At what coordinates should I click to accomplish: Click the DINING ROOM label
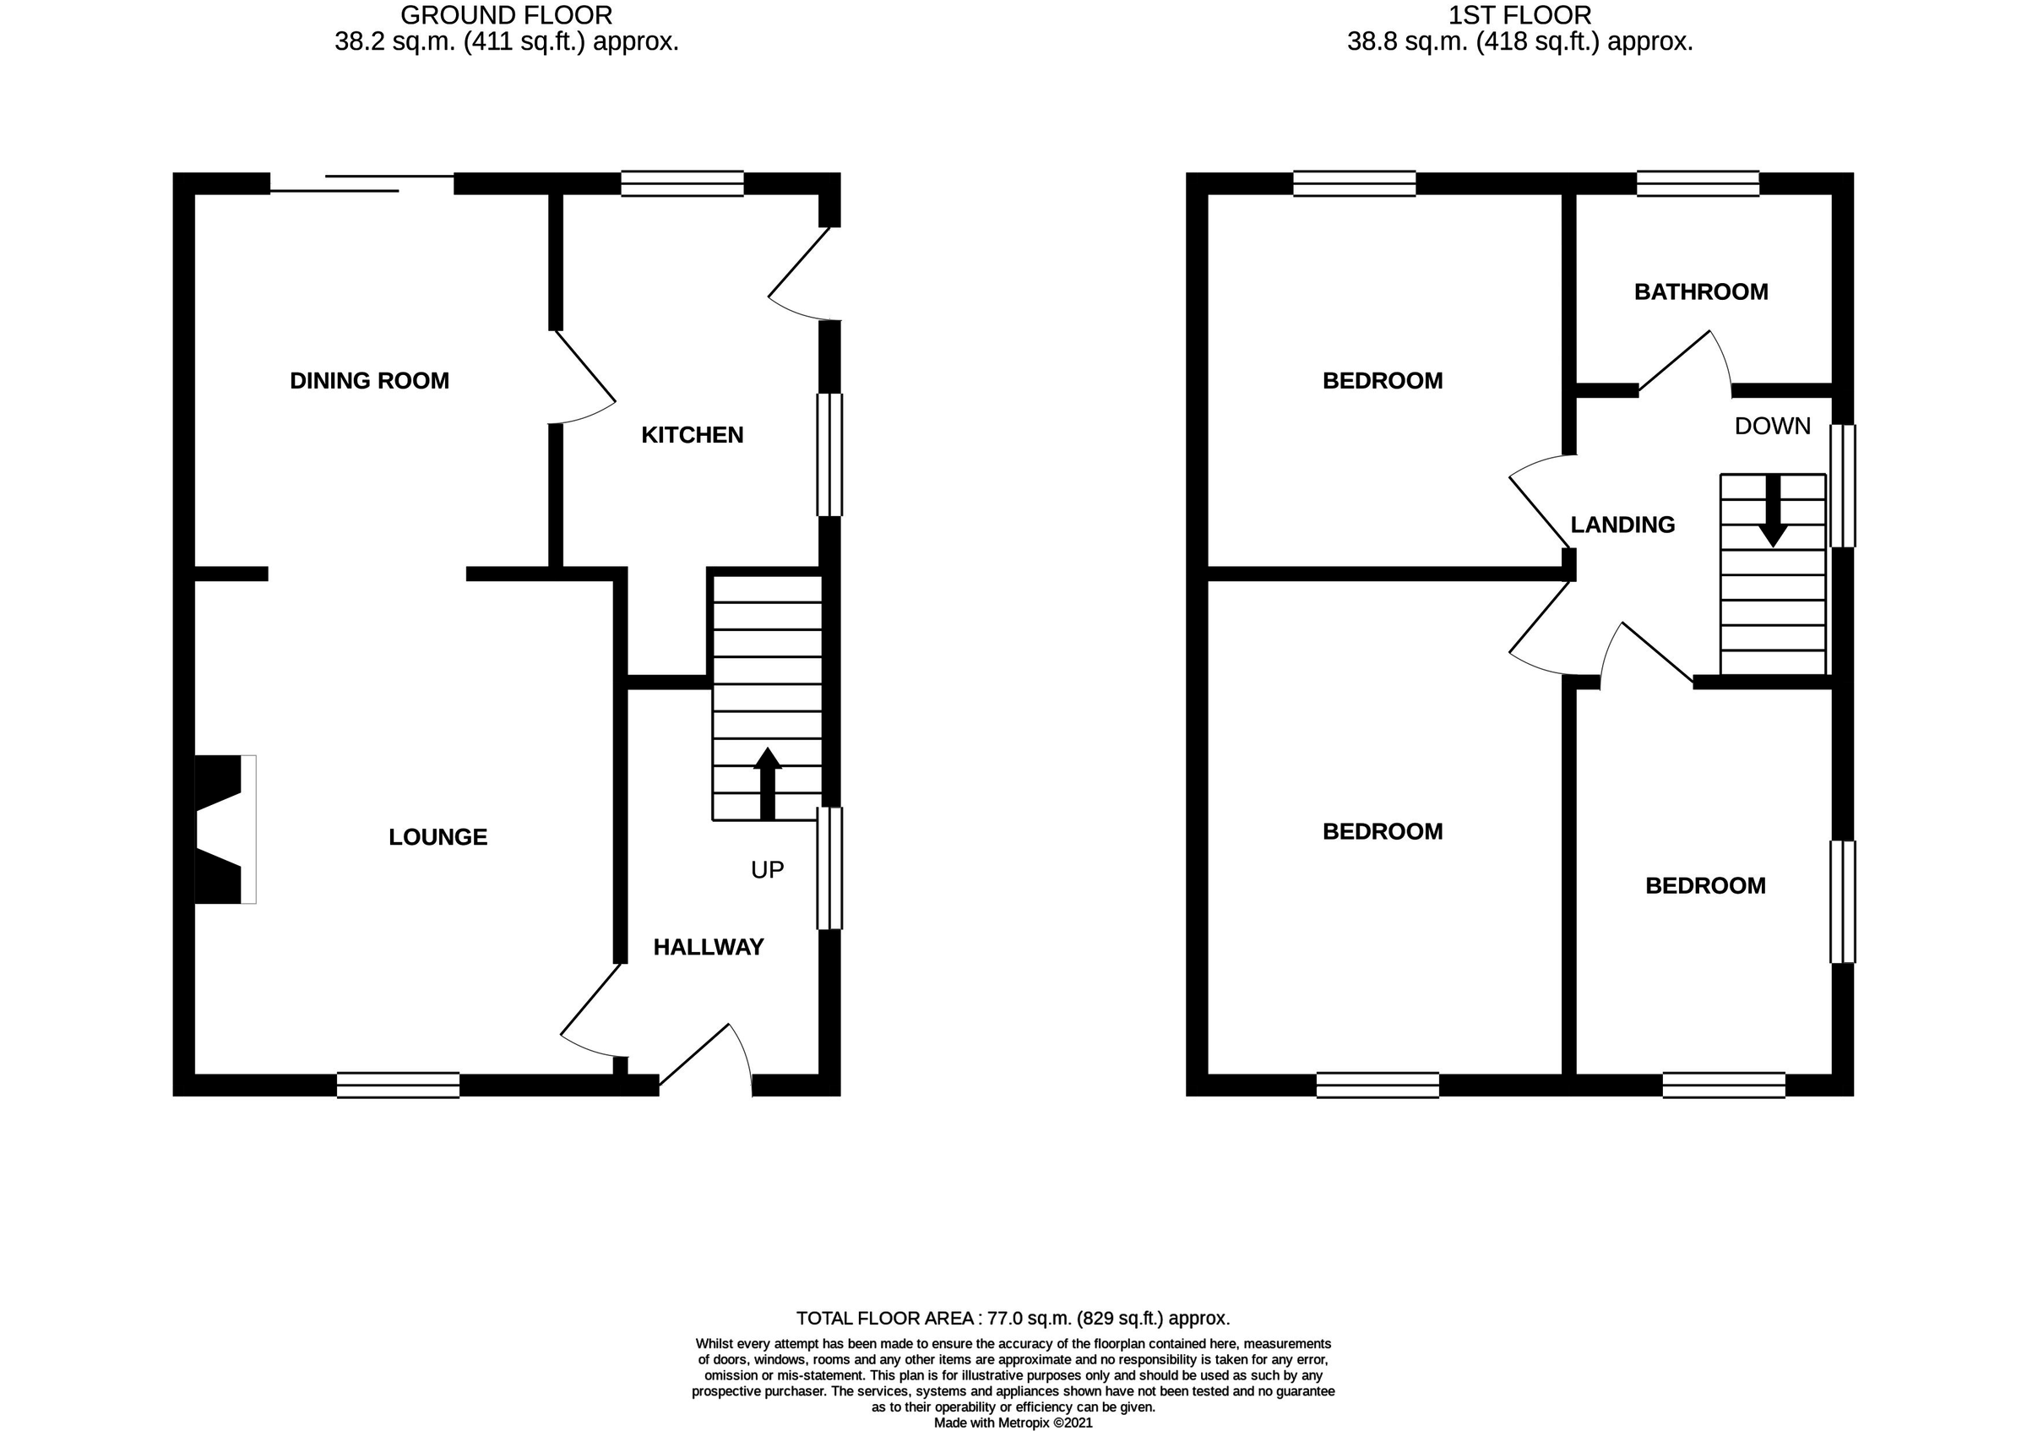pos(369,380)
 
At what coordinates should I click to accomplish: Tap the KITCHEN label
pos(693,434)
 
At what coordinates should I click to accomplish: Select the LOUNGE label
pos(437,837)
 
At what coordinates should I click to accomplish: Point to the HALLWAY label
pos(708,947)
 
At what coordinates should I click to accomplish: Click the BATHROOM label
pos(1700,291)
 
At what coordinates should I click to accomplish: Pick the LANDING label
pos(1622,525)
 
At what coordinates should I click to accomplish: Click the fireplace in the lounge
pos(225,829)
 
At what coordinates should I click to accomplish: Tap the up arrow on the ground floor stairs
pos(767,783)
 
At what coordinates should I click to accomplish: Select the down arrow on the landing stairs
pos(1773,512)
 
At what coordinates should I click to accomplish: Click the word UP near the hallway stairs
pos(767,870)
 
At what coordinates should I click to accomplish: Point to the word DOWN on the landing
pos(1772,427)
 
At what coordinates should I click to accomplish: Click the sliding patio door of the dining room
pos(362,183)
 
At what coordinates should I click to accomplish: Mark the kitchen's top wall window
pos(682,182)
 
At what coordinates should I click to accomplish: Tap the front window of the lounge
pos(398,1085)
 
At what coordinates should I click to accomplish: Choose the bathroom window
pos(1698,182)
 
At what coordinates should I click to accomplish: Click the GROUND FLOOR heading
pos(506,15)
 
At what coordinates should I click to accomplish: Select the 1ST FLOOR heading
pos(1519,15)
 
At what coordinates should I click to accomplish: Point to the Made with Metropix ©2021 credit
pos(1013,1423)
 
